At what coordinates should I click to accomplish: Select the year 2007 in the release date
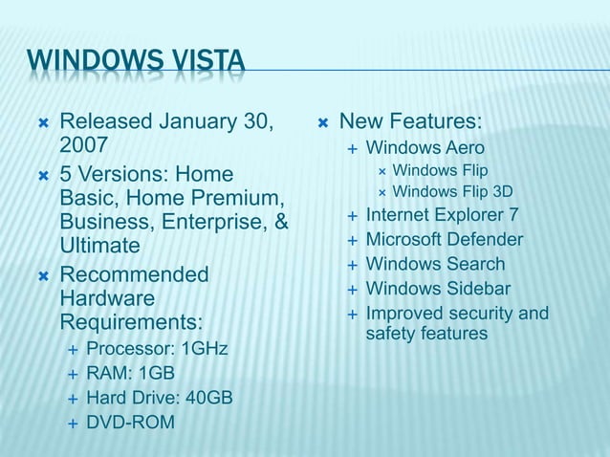tap(84, 146)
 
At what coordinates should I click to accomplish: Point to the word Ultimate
tap(100, 246)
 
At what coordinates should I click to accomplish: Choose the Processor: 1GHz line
tap(157, 348)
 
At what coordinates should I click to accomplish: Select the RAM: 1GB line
tap(130, 373)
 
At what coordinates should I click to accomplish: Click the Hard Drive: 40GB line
tap(159, 397)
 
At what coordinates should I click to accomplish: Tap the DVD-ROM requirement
tap(130, 422)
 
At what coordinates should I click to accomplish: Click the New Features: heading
tap(411, 122)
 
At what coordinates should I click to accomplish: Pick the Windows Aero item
tap(425, 148)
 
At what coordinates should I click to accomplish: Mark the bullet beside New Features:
tap(323, 122)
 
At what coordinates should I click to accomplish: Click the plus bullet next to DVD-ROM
tap(72, 422)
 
